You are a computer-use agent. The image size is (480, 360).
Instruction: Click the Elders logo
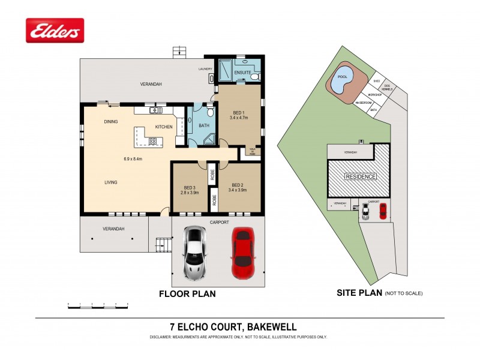pos(55,30)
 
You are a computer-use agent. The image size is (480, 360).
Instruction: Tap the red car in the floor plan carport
pos(244,254)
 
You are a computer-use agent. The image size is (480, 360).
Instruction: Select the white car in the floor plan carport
pos(195,254)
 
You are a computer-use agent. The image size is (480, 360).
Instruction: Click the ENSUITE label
pos(242,73)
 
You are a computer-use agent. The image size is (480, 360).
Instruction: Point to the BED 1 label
pos(238,112)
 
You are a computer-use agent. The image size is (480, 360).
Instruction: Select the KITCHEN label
pos(164,127)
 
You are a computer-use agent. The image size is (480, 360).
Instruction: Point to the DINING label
pos(110,122)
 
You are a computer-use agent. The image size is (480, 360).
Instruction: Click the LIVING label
pos(110,182)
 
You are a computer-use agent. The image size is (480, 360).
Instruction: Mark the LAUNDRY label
pos(206,69)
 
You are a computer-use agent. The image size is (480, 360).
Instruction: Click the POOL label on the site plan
pos(343,77)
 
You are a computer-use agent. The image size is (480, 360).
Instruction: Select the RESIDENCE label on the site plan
pos(360,176)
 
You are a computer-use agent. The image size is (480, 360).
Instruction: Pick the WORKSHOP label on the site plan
pos(375,95)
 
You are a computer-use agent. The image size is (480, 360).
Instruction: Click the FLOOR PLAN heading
pos(187,294)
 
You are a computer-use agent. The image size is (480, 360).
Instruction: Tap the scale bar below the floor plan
pos(98,307)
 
